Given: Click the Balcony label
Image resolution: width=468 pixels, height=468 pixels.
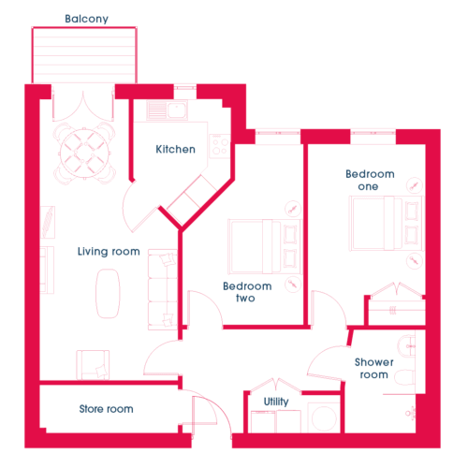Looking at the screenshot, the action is point(86,19).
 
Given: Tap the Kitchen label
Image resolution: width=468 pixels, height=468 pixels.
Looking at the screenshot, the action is point(175,149).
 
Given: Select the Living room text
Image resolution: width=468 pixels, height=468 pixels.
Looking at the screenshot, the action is point(109,251).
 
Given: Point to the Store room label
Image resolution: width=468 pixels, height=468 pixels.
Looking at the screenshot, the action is point(106,409).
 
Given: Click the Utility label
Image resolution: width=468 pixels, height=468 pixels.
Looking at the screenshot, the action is point(276,402).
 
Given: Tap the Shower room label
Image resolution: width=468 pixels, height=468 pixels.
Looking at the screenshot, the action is point(374,368).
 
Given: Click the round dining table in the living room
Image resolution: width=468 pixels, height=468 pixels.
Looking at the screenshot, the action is point(84,154).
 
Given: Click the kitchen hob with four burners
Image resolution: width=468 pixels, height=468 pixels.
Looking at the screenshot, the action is point(220,146).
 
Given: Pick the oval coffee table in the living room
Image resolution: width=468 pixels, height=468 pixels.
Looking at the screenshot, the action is point(108,293).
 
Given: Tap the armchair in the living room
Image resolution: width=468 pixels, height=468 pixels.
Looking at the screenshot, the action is point(93,365).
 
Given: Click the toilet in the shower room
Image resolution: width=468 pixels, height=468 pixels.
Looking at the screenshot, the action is point(404,377).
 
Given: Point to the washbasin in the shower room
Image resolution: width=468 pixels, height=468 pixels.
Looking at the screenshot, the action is point(406,346).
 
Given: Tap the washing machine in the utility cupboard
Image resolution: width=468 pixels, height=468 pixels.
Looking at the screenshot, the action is point(324,417).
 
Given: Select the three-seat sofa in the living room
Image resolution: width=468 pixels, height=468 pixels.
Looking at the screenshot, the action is point(163,289).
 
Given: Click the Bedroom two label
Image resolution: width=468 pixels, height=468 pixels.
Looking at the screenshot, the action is point(247,292).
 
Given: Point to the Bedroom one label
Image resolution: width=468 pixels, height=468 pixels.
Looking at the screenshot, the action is point(370,180).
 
